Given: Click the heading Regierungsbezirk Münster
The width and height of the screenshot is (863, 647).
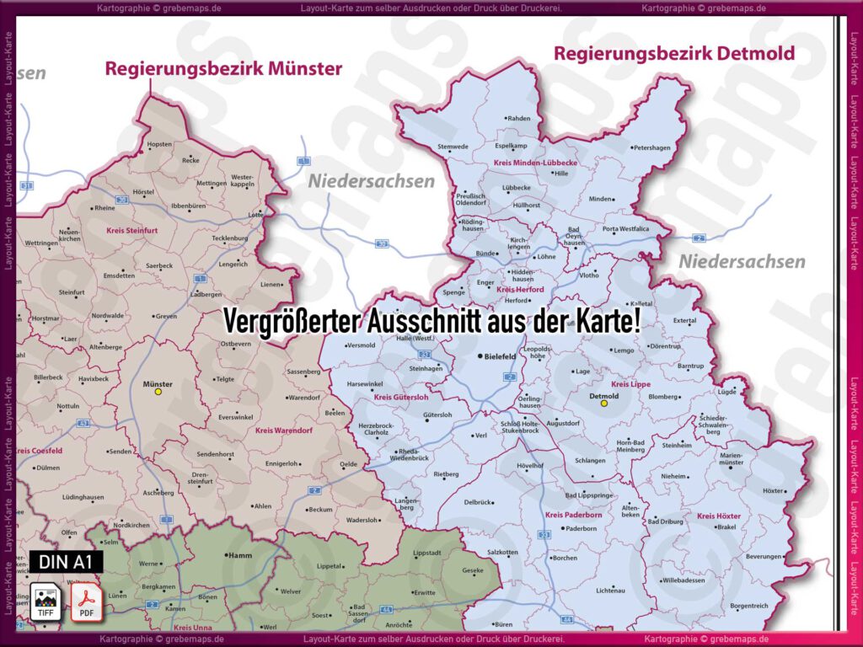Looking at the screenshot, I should point(223,69).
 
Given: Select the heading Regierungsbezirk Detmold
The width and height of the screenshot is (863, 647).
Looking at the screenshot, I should point(673,54).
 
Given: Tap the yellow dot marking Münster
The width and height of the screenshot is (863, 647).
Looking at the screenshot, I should point(158,392).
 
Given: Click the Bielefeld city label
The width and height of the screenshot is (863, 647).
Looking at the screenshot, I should point(500,356).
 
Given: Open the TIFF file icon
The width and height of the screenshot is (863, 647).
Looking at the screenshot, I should point(46,601).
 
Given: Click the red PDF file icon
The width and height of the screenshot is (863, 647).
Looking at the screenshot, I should point(85,601).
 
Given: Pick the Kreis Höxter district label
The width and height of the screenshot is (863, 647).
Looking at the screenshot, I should point(718,516).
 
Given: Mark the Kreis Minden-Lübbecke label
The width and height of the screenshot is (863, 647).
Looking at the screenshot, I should point(535,162).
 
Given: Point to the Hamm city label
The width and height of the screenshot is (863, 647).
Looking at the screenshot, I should point(239,556).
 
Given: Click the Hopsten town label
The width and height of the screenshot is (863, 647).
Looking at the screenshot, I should point(159,144).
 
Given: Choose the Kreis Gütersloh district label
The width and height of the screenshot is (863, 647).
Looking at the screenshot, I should point(400,397).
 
